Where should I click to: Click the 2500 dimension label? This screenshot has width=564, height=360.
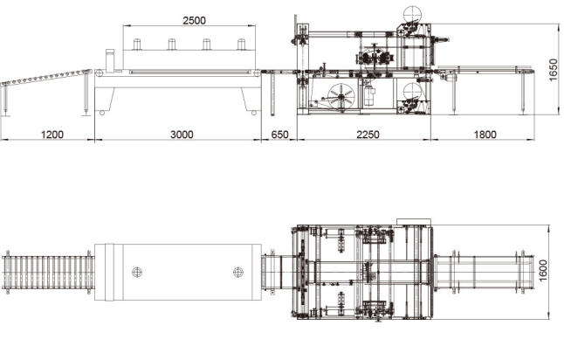[x=194, y=20]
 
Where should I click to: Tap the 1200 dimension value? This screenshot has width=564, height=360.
[x=52, y=135]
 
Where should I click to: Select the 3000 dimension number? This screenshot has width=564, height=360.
[x=182, y=135]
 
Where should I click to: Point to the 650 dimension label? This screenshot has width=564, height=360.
[x=279, y=135]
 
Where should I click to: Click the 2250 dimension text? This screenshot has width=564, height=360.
[x=368, y=135]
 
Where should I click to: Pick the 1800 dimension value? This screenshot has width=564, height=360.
[x=485, y=135]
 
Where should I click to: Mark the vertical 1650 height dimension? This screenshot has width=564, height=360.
[x=554, y=70]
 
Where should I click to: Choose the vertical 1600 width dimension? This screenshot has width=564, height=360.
[x=543, y=271]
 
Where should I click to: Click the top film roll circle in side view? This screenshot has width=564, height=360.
[x=412, y=15]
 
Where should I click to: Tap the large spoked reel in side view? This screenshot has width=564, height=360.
[x=341, y=97]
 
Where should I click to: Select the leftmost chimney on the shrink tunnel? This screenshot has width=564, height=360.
[x=137, y=44]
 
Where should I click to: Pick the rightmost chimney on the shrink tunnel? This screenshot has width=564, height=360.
[x=241, y=44]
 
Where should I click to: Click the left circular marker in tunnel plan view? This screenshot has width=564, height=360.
[x=137, y=272]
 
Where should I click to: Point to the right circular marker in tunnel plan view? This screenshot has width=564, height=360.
[x=238, y=272]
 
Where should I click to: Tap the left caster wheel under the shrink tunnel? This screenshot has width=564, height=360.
[x=102, y=113]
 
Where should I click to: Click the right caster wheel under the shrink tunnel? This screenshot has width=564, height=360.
[x=254, y=113]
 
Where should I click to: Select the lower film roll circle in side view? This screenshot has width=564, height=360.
[x=412, y=92]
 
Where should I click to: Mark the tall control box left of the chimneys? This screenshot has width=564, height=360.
[x=110, y=59]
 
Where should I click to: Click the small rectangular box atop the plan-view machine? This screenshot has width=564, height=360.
[x=414, y=222]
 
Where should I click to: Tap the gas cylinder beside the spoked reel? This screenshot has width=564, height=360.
[x=369, y=94]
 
